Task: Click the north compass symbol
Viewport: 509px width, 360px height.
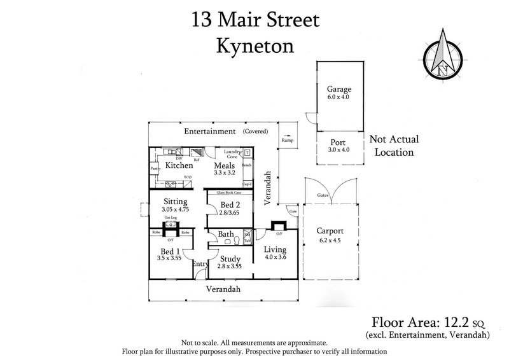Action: pos(443,55)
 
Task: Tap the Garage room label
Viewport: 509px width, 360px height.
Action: pos(338,90)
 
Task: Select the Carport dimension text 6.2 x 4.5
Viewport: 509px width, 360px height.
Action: pos(330,240)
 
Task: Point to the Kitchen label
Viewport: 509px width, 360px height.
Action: pos(179,165)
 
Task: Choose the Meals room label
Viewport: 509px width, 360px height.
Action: pos(223,165)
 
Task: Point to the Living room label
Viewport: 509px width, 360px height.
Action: pos(275,249)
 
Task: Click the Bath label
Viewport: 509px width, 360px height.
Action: pos(226,234)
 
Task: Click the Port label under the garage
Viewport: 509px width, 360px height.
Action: pos(337,142)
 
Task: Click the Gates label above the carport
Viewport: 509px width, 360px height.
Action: pos(323,196)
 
